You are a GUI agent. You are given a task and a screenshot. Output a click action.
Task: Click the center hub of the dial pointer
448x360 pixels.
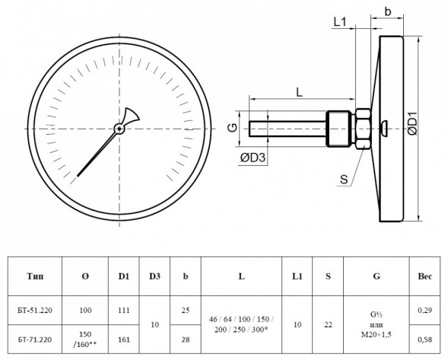(119, 129)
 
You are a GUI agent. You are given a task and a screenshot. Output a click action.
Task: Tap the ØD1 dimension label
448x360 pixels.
(412, 123)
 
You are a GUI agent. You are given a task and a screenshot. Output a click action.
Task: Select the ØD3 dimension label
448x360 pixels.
(253, 158)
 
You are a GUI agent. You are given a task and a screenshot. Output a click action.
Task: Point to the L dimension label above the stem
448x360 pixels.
(299, 92)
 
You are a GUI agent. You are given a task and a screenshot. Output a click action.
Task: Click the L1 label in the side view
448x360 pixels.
(340, 22)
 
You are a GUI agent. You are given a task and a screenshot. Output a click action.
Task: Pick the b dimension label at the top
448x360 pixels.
(387, 11)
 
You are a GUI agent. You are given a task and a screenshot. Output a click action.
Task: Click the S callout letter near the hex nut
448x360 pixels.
(344, 180)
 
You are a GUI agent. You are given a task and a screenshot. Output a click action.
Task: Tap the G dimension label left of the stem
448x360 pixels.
(233, 127)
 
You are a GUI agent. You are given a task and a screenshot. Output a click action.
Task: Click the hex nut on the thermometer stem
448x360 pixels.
(363, 129)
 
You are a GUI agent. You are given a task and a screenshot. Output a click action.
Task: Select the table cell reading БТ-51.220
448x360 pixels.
(35, 311)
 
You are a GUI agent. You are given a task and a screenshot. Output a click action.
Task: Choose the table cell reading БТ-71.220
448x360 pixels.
(35, 339)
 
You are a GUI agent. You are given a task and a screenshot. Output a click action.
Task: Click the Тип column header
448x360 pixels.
(35, 276)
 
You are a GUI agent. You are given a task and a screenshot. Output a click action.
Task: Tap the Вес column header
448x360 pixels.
(425, 276)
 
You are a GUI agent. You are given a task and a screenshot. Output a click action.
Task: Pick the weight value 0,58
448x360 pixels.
(425, 339)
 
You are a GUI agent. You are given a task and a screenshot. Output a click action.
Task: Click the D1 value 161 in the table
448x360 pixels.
(124, 339)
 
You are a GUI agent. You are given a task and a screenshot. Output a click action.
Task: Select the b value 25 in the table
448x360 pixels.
(186, 310)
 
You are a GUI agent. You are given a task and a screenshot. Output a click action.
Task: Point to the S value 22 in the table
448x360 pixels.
(328, 324)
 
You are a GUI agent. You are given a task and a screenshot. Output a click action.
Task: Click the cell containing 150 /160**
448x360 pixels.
(85, 339)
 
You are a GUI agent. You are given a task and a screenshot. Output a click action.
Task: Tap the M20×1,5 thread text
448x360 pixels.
(377, 335)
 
